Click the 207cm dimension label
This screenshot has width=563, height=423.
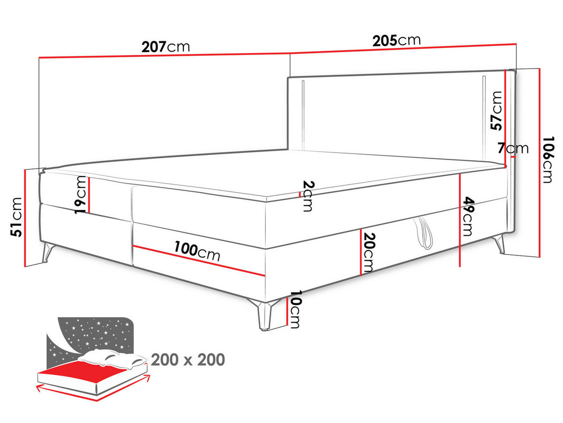165,46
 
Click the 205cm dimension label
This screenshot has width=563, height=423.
396,40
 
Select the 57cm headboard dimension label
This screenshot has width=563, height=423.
495,110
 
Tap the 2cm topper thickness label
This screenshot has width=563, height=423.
307,196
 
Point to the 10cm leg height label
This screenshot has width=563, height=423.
295,309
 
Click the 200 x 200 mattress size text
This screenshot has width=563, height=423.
188,360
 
